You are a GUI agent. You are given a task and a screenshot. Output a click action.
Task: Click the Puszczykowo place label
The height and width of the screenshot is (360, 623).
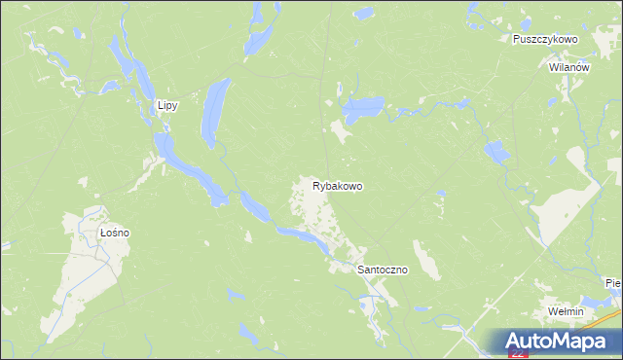545,39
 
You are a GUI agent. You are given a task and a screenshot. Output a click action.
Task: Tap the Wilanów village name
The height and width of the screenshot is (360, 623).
569,68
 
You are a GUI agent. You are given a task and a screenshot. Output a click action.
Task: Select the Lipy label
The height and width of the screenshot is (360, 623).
166,106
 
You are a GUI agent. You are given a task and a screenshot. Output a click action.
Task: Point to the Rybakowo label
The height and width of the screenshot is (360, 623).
338,185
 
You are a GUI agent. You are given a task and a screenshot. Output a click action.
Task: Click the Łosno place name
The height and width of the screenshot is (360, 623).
115,234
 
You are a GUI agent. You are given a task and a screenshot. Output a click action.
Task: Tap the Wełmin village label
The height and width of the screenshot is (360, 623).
565,311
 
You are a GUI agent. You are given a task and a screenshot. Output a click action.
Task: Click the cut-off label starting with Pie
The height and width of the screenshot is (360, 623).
612,283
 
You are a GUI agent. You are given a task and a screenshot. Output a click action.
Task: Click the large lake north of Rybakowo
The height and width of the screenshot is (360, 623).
363,110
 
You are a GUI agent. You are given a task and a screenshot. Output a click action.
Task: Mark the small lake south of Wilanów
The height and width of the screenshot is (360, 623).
495,151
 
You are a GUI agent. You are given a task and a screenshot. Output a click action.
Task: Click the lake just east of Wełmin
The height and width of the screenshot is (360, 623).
597,305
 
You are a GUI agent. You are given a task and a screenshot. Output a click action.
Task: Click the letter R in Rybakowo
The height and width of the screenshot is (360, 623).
316,185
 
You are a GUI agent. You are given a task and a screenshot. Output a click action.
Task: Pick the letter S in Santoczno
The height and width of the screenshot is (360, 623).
361,270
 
